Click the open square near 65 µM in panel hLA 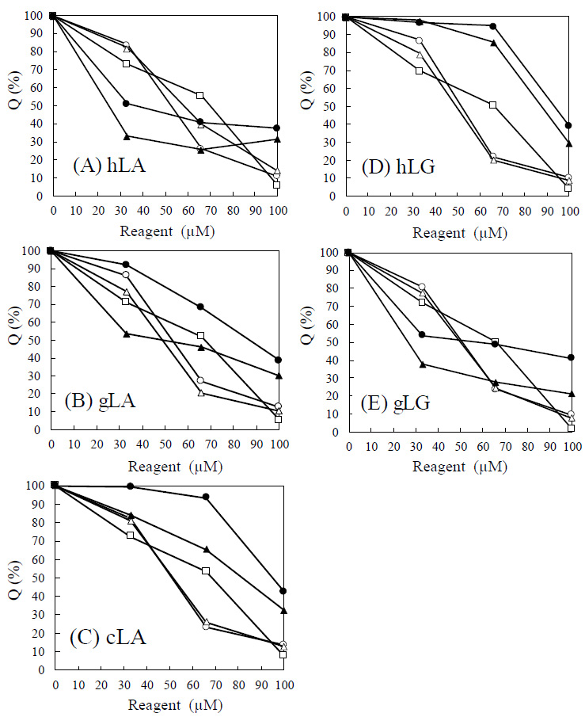click(200, 95)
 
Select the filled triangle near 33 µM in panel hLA click(127, 136)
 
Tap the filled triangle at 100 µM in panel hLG click(568, 143)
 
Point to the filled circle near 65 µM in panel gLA click(200, 307)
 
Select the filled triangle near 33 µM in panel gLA click(126, 334)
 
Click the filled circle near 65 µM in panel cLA click(206, 497)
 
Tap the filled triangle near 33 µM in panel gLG click(423, 364)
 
